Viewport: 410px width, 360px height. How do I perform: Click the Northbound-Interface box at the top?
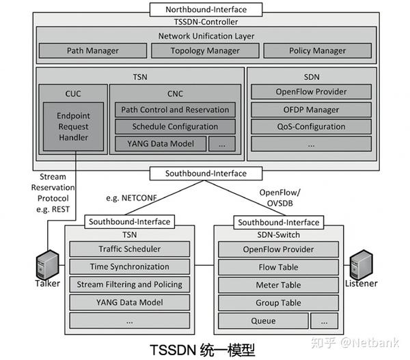pyautogui.click(x=206, y=10)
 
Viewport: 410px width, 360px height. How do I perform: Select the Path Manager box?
pyautogui.click(x=92, y=51)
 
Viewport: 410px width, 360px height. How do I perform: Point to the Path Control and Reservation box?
pyautogui.click(x=174, y=109)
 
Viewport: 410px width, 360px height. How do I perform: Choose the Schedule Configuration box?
pyautogui.click(x=174, y=126)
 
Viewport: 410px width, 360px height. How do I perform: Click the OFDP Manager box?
pyautogui.click(x=312, y=109)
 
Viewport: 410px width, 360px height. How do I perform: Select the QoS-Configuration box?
pyautogui.click(x=312, y=126)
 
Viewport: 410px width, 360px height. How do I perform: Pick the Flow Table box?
pyautogui.click(x=278, y=267)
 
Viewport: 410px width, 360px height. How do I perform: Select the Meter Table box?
pyautogui.click(x=278, y=285)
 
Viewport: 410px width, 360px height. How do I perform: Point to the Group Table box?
pyautogui.click(x=278, y=303)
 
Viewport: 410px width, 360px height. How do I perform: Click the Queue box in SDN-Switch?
pyautogui.click(x=262, y=320)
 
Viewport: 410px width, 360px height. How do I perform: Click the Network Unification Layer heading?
pyautogui.click(x=206, y=36)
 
